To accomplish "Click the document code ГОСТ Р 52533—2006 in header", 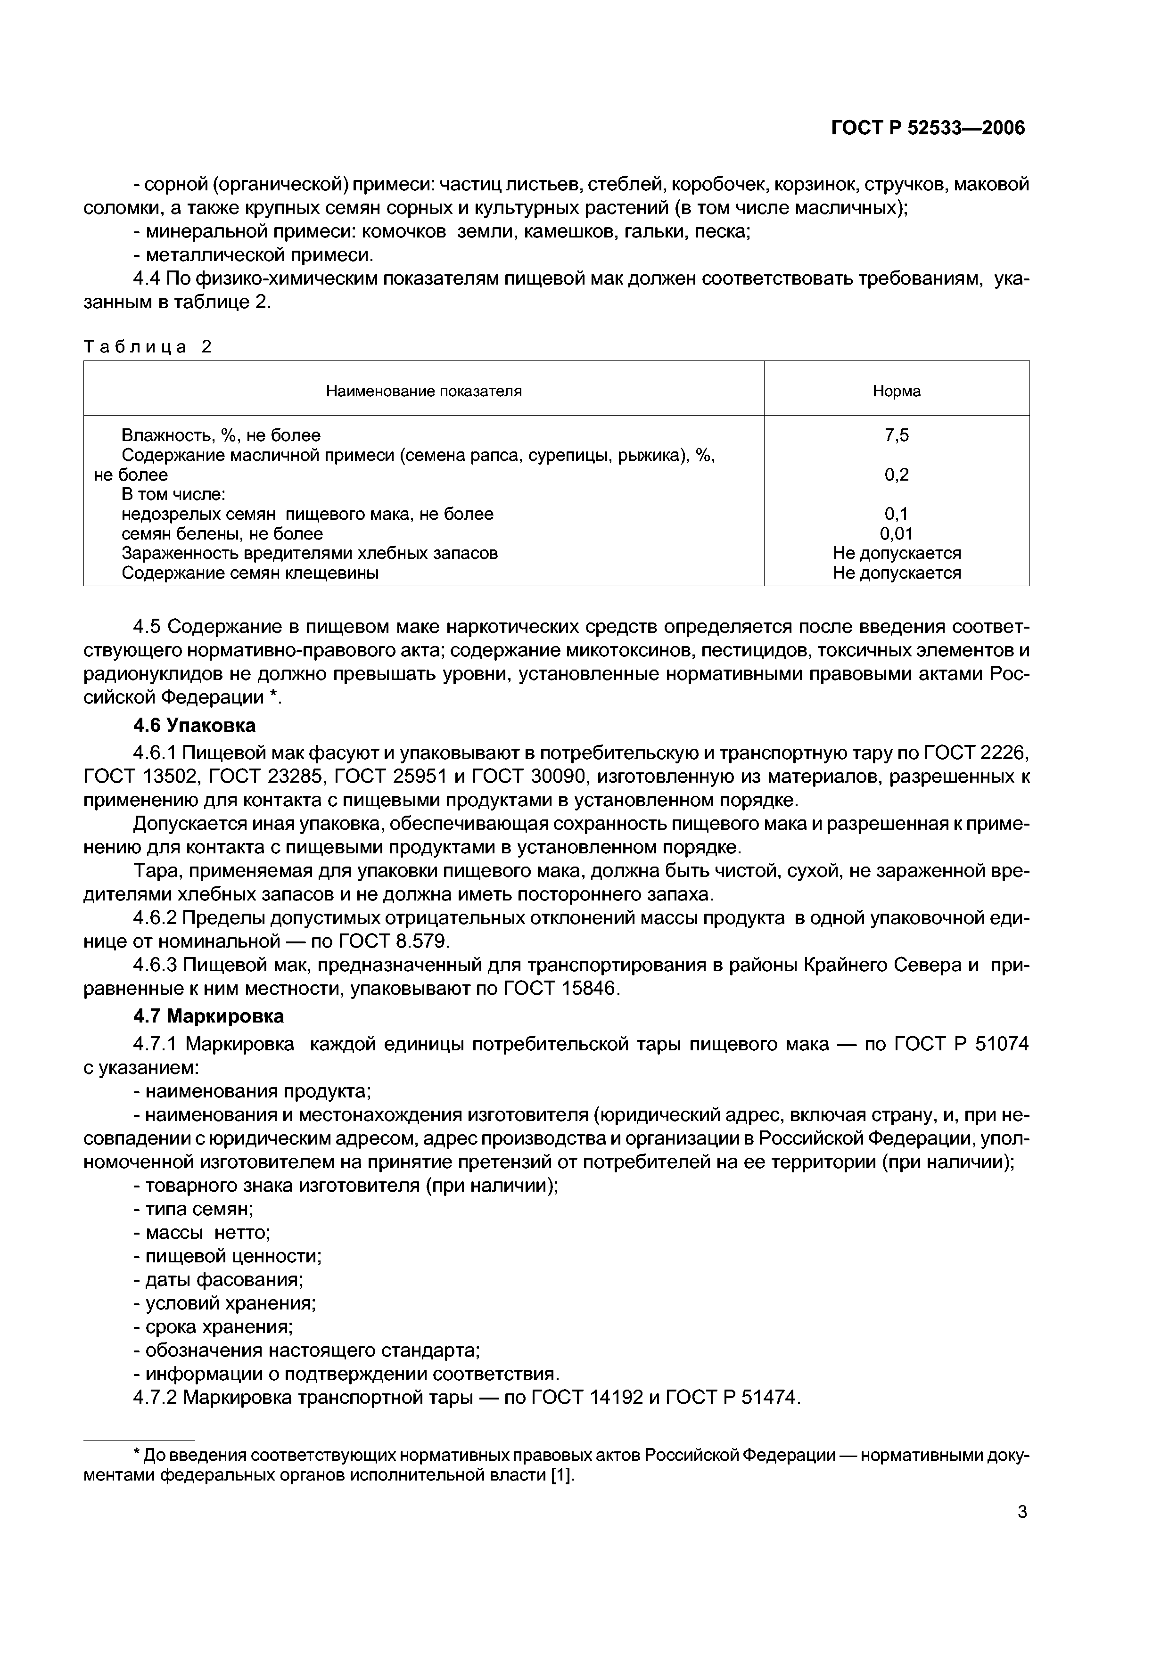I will tap(928, 128).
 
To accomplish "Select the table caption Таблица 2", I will tap(148, 347).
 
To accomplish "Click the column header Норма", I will tap(896, 391).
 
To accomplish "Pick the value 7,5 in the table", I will tap(896, 435).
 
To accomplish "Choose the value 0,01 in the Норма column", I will tap(896, 533).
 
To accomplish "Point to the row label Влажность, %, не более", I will tap(221, 435).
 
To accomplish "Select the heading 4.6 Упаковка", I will tap(195, 725).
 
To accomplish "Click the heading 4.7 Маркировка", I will tap(209, 1016).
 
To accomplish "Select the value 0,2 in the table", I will tap(896, 475).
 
